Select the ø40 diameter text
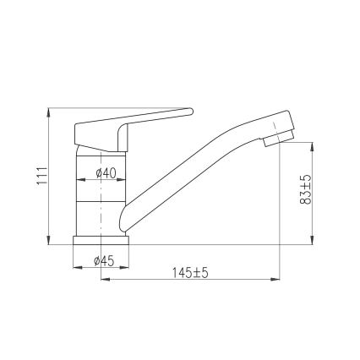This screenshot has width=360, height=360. pos(106,172)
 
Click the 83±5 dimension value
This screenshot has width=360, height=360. pos(306,190)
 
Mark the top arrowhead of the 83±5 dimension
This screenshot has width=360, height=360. pos(314,145)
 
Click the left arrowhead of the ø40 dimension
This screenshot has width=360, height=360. pos(79,180)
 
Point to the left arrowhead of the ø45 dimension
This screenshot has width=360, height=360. pos(77,267)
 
